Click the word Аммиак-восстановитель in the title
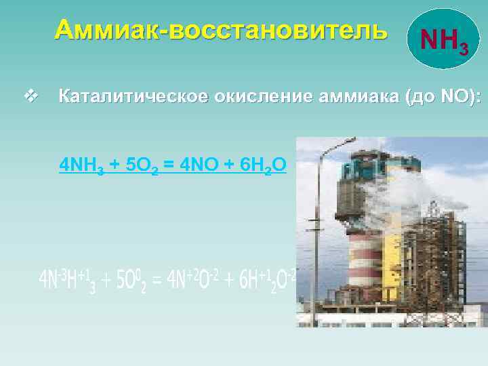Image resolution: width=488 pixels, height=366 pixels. [222, 30]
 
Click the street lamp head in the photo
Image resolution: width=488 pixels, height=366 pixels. [344, 140]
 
